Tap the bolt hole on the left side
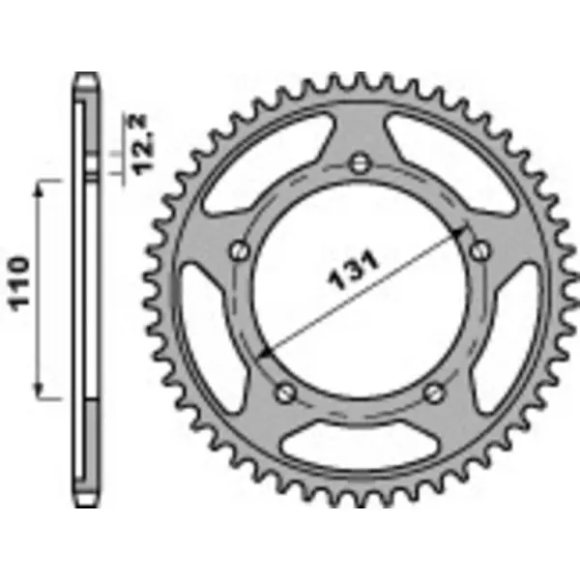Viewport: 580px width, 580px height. (238, 251)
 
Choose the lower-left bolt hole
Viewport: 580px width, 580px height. (285, 391)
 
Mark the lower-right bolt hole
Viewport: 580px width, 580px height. (434, 391)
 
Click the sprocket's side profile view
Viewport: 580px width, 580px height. (86, 290)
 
